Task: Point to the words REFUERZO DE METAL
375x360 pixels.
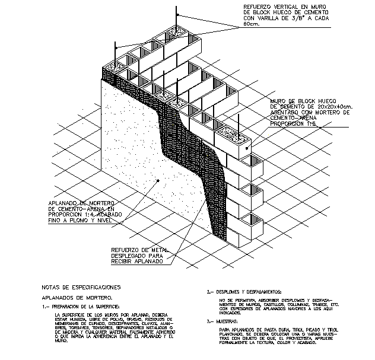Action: click(139, 251)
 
